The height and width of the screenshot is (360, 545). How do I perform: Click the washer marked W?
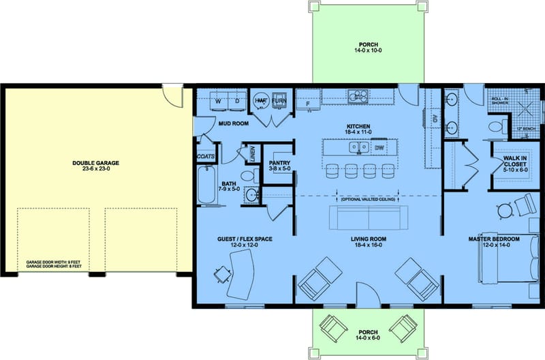click(x=218, y=100)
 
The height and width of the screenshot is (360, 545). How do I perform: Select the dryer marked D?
click(x=236, y=100)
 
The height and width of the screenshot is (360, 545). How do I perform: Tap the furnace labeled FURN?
click(x=279, y=100)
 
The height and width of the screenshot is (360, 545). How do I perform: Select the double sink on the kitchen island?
click(x=358, y=147)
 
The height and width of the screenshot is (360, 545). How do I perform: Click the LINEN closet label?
click(x=252, y=153)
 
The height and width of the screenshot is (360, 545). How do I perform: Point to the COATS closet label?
click(x=206, y=155)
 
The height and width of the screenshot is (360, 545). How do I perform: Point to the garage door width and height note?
click(x=54, y=264)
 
